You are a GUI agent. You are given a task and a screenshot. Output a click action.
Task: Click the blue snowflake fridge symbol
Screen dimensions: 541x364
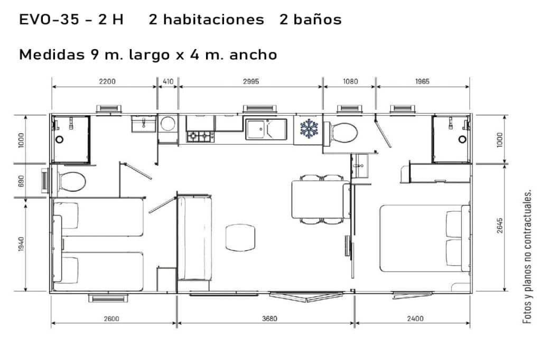[309, 128]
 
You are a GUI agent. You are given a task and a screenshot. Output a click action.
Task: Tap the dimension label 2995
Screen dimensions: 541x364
[251, 81]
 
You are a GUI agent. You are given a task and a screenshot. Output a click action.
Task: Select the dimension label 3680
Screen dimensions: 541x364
[269, 319]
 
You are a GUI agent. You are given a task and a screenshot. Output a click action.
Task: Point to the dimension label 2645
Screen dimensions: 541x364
[500, 226]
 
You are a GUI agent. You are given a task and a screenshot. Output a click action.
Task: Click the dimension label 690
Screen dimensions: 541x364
[21, 181]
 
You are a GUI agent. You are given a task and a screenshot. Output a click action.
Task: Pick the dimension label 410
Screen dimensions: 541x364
[168, 81]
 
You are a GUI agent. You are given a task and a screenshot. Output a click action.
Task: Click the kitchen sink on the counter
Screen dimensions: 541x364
[266, 129]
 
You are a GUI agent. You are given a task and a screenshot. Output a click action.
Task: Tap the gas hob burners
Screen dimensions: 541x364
[200, 136]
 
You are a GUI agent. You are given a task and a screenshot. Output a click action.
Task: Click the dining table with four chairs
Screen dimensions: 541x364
[321, 199]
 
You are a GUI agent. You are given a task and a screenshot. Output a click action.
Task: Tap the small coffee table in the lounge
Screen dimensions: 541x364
[240, 237]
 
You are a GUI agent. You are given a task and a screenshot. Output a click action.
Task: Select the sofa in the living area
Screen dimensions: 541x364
[194, 238]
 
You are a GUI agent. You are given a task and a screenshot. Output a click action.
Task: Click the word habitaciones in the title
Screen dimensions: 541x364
[207, 20]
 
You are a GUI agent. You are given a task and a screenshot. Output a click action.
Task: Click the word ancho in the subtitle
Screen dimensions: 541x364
[253, 55]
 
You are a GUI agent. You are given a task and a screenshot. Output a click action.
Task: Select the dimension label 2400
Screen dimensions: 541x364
[415, 319]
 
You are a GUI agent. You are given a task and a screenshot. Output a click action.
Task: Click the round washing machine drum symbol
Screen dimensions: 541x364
[168, 124]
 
